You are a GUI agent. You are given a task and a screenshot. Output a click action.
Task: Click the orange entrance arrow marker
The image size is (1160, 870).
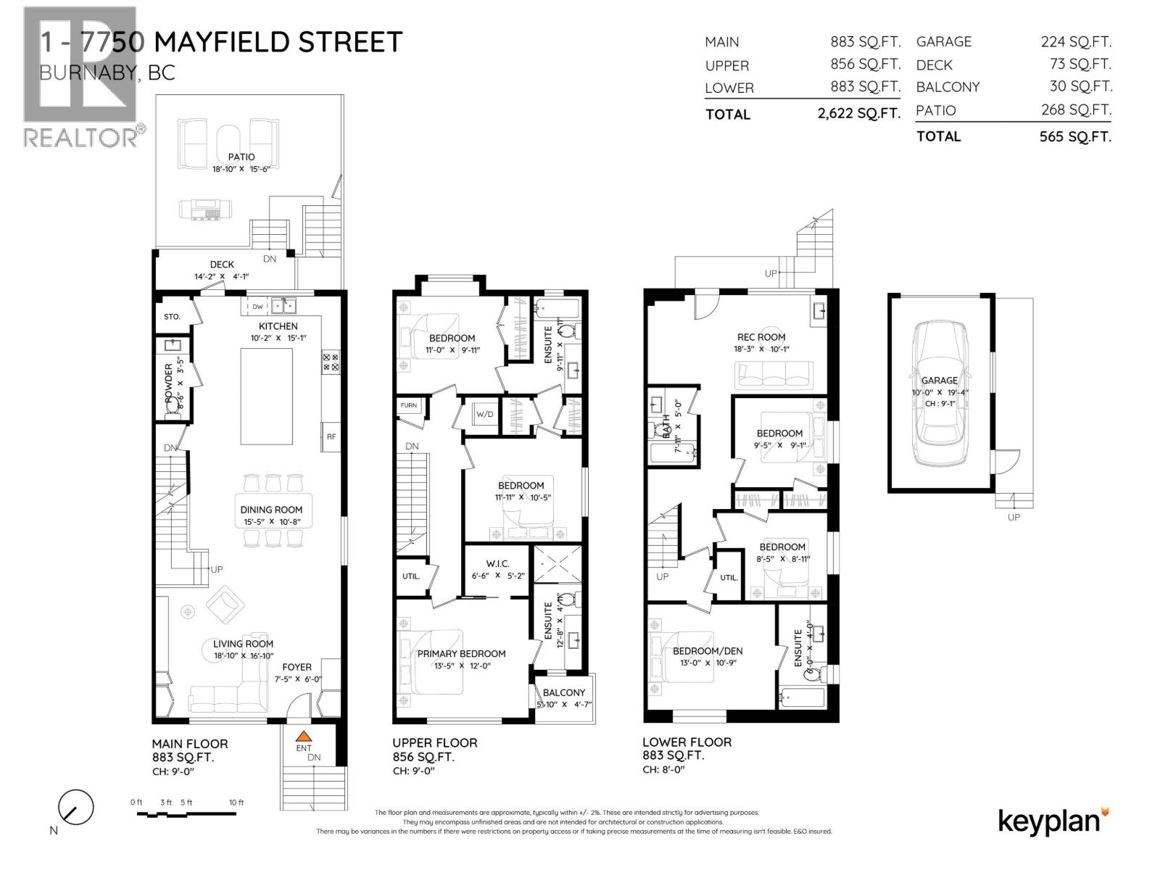303,736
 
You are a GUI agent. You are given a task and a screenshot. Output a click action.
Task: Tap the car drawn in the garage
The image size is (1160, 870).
940,394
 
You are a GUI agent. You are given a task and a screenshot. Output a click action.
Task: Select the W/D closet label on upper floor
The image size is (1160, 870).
484,415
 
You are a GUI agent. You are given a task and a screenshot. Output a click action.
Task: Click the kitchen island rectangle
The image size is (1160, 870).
267,396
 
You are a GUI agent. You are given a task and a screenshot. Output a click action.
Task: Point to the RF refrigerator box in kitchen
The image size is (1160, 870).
331,436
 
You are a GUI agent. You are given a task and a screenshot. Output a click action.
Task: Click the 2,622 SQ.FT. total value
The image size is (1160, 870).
858,114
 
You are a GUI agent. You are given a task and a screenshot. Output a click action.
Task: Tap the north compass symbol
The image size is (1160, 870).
75,808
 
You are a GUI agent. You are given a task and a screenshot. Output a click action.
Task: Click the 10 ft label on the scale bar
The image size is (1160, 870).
236,803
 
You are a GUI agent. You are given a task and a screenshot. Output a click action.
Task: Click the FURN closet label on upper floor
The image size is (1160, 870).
409,405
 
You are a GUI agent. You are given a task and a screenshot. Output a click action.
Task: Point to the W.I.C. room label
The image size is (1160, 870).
497,563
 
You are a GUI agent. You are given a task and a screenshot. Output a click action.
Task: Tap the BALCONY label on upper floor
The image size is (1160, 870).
563,692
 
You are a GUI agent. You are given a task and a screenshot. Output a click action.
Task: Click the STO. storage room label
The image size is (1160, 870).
172,317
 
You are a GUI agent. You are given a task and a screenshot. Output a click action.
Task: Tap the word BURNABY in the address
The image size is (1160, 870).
81,73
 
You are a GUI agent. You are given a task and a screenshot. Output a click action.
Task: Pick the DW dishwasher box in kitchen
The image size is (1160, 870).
257,307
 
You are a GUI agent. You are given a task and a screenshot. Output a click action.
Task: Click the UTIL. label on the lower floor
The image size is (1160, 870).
729,578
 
